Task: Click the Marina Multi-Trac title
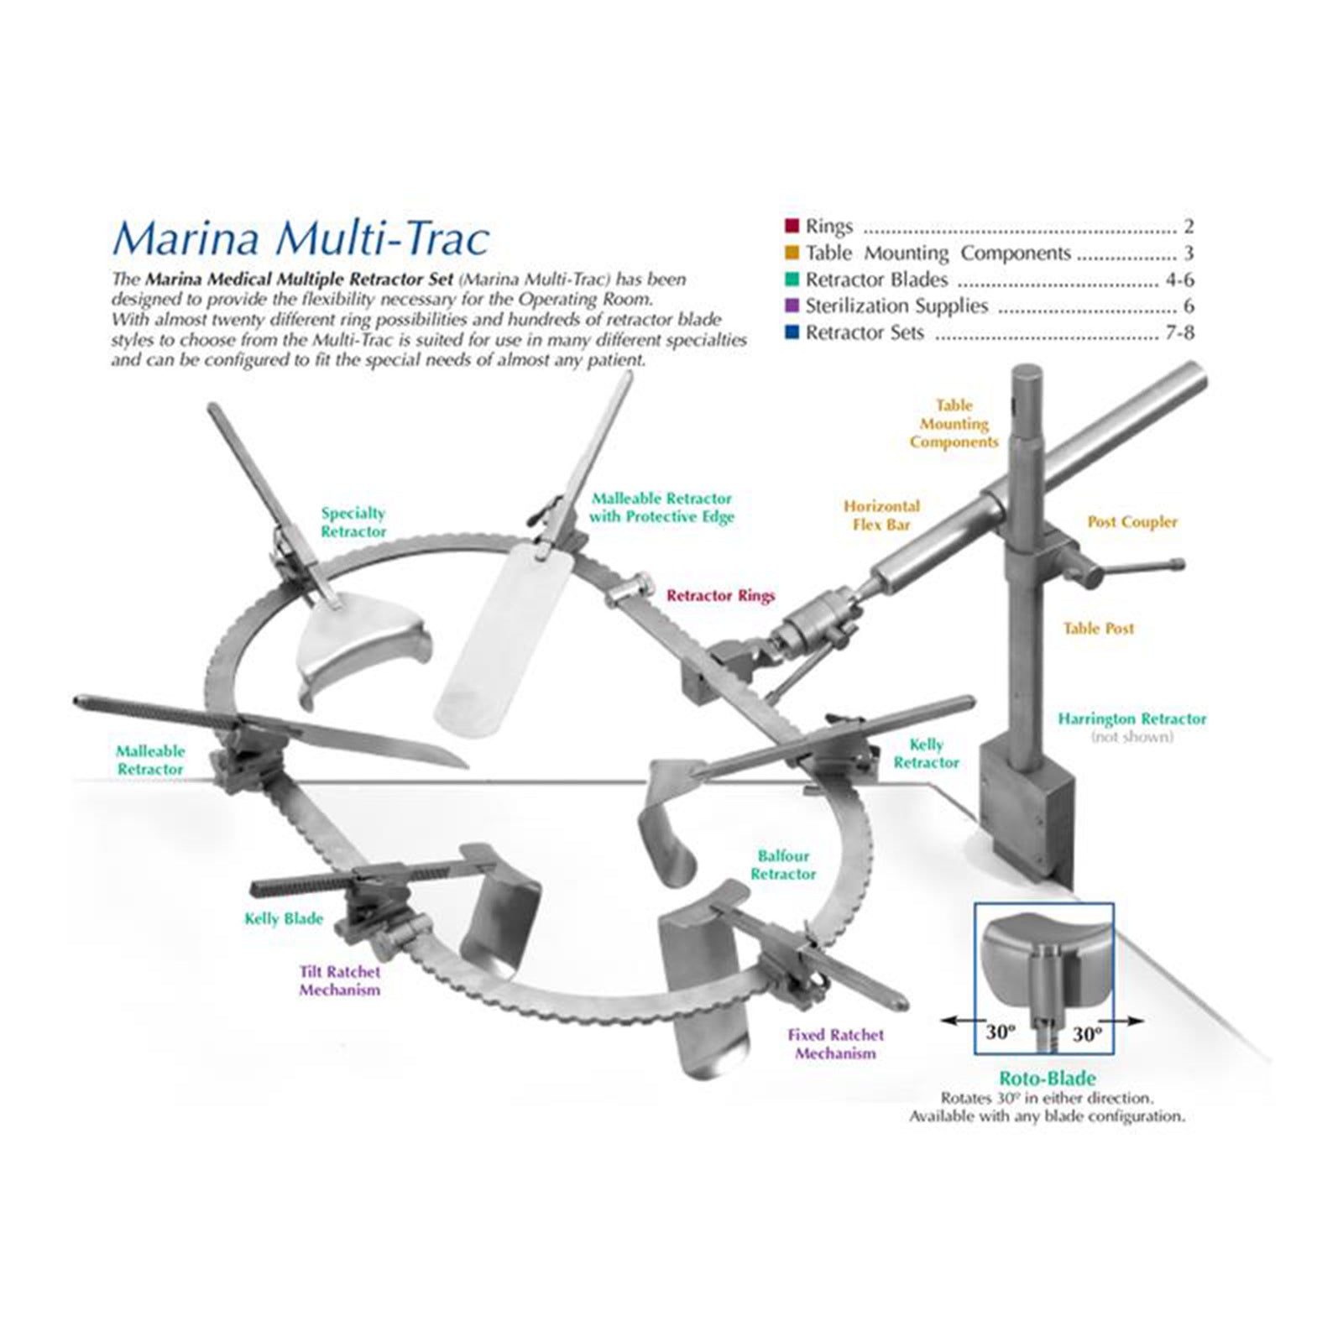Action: [x=300, y=238]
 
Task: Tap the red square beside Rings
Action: [x=792, y=226]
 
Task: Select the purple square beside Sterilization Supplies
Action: [x=792, y=306]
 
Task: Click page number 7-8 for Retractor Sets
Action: [x=1178, y=332]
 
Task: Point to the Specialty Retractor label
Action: [x=353, y=522]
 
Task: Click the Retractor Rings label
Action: [x=721, y=596]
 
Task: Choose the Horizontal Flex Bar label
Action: [x=881, y=515]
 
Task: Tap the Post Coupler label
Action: [x=1132, y=521]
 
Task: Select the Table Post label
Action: [x=1098, y=628]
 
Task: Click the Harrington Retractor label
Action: [x=1131, y=719]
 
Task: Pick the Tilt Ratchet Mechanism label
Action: [x=340, y=980]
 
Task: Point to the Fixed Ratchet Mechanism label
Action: [x=835, y=1044]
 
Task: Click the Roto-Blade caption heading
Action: [x=1047, y=1079]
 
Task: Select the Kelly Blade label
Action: [x=284, y=918]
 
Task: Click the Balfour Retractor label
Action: [x=783, y=865]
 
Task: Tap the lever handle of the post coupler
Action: [x=1142, y=568]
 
